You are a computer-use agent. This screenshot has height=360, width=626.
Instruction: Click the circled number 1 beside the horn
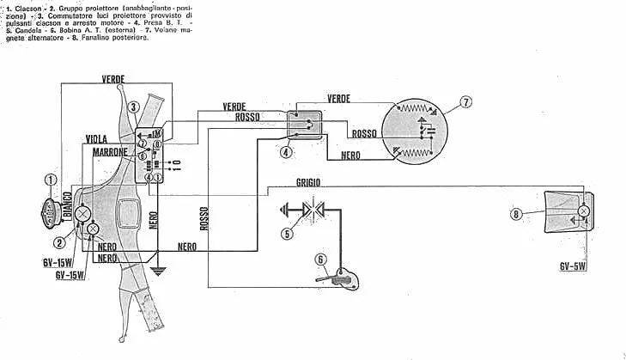51,180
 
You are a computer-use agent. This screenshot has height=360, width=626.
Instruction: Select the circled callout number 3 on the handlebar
134,107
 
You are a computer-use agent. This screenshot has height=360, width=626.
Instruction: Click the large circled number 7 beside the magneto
465,102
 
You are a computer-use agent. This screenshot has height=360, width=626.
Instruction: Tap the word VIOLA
97,138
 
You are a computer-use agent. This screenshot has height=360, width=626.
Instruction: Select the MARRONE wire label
110,151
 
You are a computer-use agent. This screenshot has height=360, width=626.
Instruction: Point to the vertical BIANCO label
68,207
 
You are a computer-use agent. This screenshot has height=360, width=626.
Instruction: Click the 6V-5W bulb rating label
573,266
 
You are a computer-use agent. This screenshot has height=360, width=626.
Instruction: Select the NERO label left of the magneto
350,156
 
